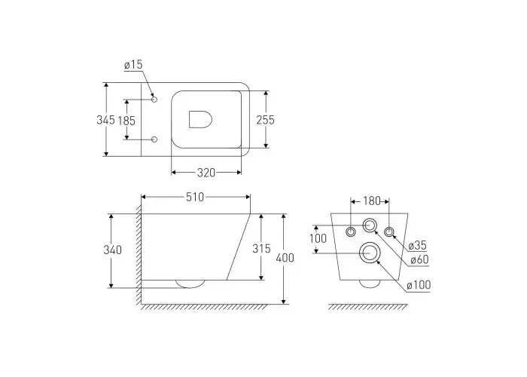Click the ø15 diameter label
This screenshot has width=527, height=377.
pos(133,64)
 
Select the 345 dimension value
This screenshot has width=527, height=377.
pos(105,119)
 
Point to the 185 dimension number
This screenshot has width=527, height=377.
pos(126,121)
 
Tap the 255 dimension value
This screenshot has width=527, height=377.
pos(266,120)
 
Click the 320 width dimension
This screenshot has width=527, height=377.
pos(206,173)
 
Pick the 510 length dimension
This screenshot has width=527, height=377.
pos(195,197)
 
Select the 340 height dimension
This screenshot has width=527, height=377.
pos(113,250)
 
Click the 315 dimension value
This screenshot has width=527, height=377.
pos(261,249)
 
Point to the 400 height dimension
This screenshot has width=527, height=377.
pos(285,258)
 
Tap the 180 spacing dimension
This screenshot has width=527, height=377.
pos(372,201)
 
